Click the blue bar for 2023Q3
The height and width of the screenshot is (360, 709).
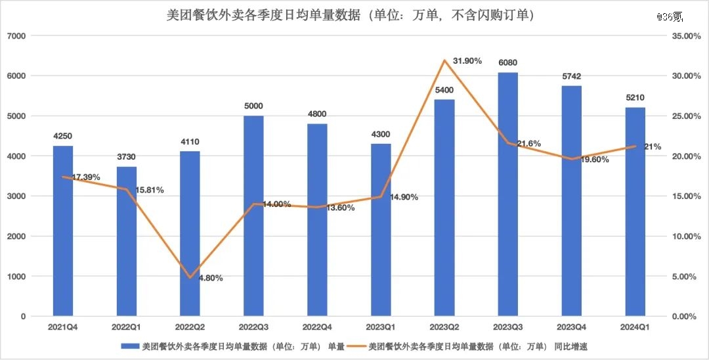tap(507, 194)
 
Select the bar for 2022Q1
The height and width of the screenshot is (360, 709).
tap(127, 242)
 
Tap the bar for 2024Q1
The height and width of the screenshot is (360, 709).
tap(635, 212)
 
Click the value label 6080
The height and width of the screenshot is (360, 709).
tap(507, 63)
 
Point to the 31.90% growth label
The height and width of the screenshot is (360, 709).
tap(467, 60)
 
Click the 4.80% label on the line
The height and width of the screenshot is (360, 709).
tap(211, 278)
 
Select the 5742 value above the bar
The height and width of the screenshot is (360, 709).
tap(572, 76)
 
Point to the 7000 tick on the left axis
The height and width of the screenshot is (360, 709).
tap(18, 35)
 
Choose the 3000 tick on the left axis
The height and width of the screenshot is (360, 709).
tap(18, 196)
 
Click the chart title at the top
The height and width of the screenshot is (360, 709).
tap(351, 16)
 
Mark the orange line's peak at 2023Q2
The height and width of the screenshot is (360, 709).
tap(444, 60)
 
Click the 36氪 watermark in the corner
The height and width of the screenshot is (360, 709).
tap(670, 17)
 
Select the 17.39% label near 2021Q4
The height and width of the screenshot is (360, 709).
tap(86, 177)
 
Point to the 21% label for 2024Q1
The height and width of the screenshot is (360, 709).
tap(653, 146)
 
